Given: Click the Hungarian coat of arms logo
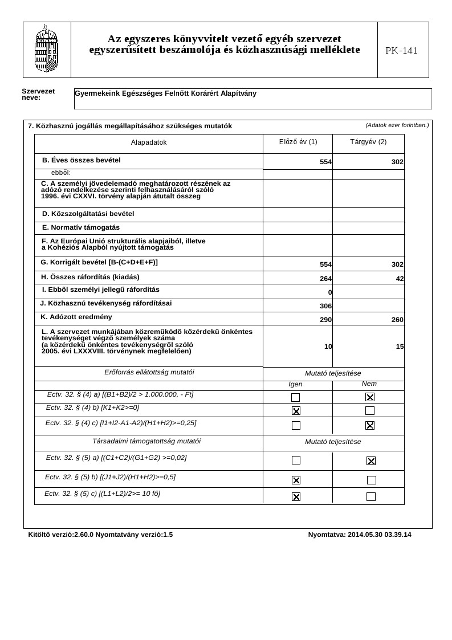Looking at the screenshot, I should (47, 49).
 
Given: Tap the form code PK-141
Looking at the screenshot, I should (401, 51).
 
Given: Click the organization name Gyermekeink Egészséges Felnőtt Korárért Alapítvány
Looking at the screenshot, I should (166, 93).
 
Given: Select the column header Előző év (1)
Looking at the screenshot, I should (298, 142).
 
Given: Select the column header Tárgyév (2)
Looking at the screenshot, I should (368, 142).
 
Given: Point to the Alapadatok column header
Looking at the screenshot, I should (149, 142).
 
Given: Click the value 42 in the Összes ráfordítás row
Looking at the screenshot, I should (400, 279).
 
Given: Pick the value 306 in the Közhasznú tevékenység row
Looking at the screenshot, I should (325, 306).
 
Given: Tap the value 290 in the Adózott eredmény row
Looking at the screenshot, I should (325, 320).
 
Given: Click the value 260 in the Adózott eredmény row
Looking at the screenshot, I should (397, 320).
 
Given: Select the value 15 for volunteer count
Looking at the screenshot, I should (400, 347).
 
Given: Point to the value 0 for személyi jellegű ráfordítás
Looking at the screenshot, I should (329, 292).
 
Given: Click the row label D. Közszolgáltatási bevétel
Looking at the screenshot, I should (88, 214).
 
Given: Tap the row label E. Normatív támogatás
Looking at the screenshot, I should (81, 227).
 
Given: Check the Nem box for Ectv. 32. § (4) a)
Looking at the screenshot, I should (370, 397).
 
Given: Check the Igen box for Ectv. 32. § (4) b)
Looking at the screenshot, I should (296, 410).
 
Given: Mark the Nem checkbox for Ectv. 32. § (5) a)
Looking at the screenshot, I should (371, 460).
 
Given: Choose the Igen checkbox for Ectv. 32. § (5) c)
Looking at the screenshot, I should (296, 496).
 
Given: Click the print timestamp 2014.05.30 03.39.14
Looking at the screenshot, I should (379, 535).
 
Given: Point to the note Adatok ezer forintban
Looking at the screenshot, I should (397, 125).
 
